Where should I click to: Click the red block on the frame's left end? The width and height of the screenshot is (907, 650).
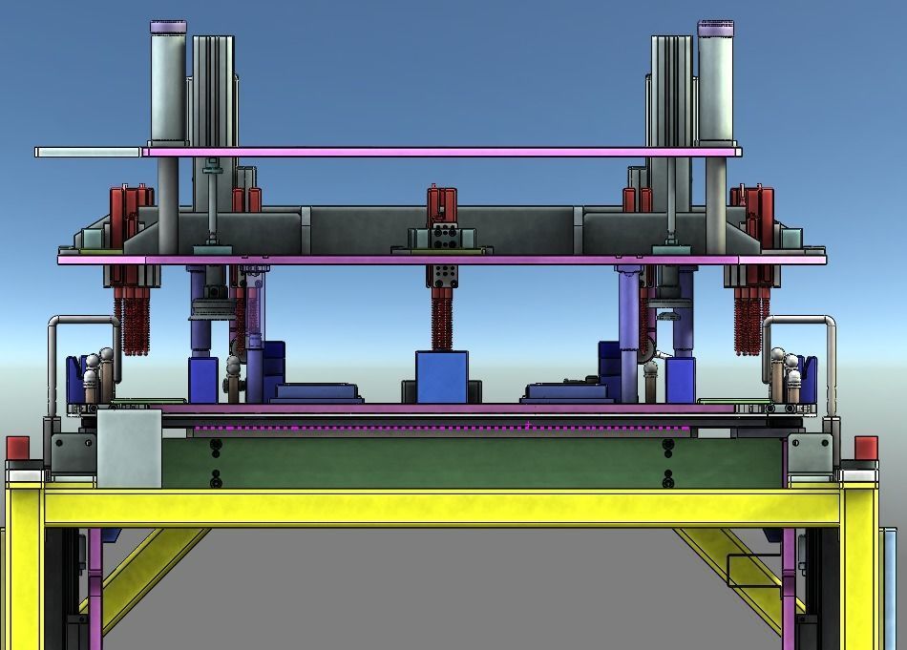tap(18, 448)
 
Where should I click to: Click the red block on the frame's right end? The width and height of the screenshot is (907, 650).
tap(866, 448)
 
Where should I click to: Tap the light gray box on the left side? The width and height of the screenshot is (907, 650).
tap(129, 448)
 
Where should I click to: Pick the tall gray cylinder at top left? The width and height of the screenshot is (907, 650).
tap(168, 86)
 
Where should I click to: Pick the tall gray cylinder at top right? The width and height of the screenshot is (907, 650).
tap(716, 86)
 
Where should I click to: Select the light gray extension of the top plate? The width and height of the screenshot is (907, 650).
tap(88, 152)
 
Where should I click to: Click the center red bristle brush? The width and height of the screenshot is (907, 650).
tap(441, 321)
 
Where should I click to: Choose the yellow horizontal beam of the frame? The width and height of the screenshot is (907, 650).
tap(439, 507)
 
